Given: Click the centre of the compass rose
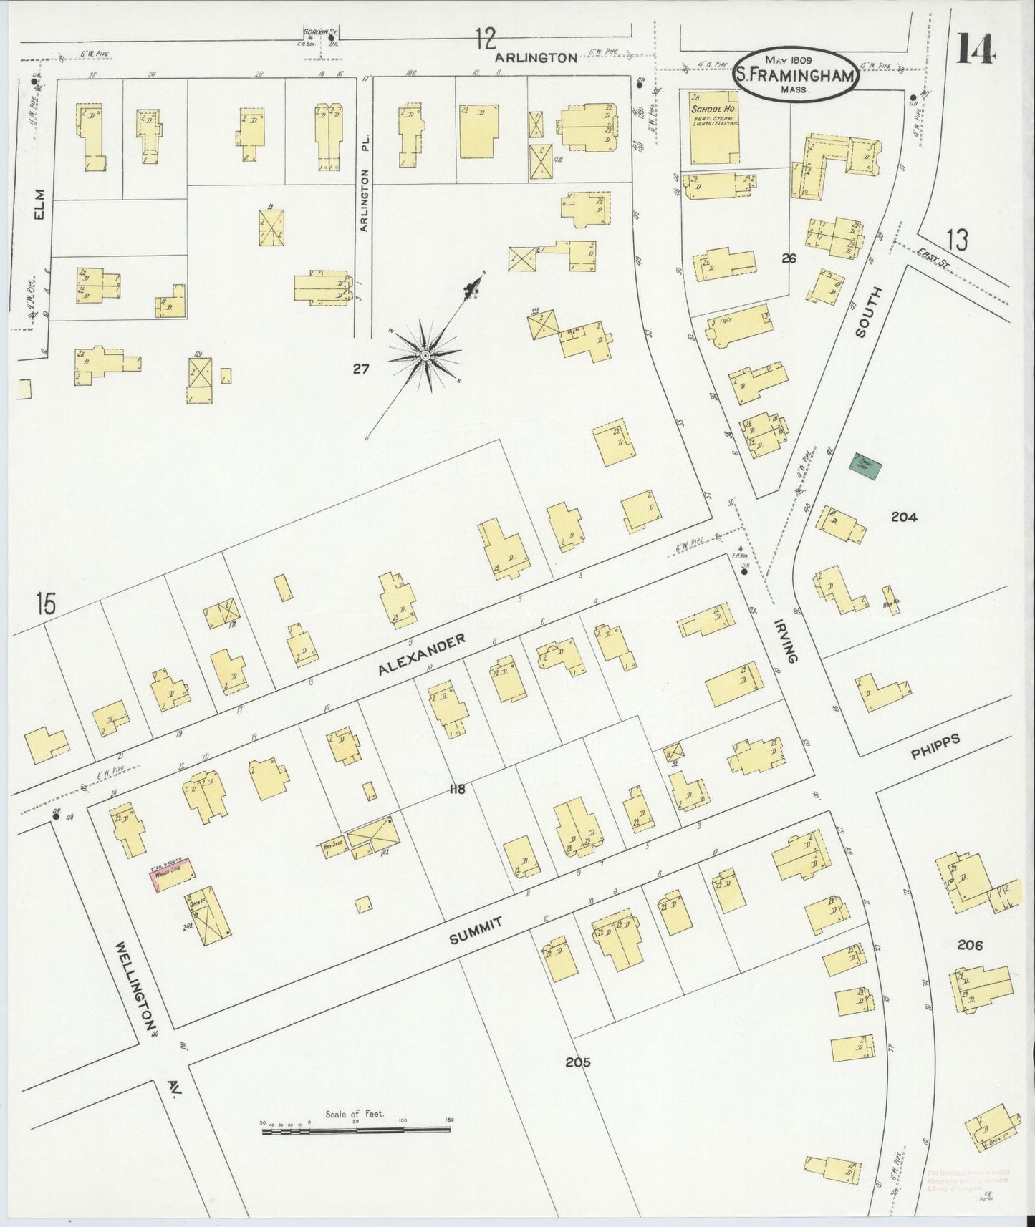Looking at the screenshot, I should tap(425, 355).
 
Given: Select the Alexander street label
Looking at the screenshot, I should tap(423, 654).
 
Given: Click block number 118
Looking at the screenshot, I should tap(457, 790).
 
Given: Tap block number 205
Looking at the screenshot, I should tap(577, 1062).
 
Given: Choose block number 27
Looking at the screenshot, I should tap(360, 369).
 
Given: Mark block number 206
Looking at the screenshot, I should tap(968, 945).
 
